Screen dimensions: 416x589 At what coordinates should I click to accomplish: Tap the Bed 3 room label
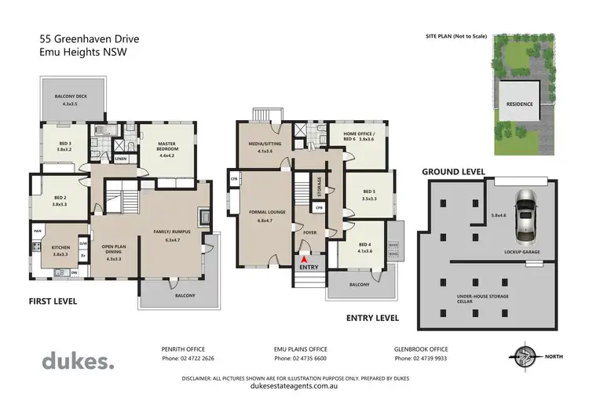click(65, 146)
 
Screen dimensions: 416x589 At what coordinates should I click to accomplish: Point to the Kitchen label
click(61, 250)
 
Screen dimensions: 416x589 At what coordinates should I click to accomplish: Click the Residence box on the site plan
click(518, 104)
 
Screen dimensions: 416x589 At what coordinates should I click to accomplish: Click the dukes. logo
click(78, 361)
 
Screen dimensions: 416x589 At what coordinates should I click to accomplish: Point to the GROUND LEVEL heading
click(453, 171)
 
